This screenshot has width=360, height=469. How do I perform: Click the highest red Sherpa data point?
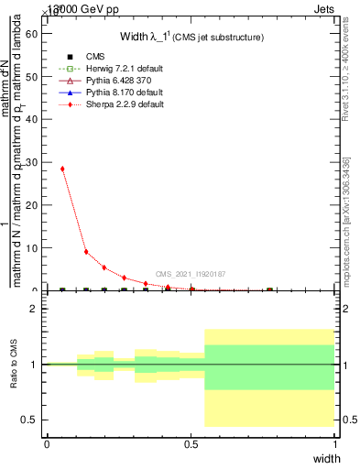(x=62, y=169)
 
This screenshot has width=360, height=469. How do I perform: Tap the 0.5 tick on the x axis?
(x=191, y=444)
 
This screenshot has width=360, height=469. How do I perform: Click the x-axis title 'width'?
(x=326, y=457)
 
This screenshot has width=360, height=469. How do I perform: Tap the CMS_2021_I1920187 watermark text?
(x=191, y=273)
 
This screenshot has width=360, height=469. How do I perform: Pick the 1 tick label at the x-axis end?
(x=335, y=444)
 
